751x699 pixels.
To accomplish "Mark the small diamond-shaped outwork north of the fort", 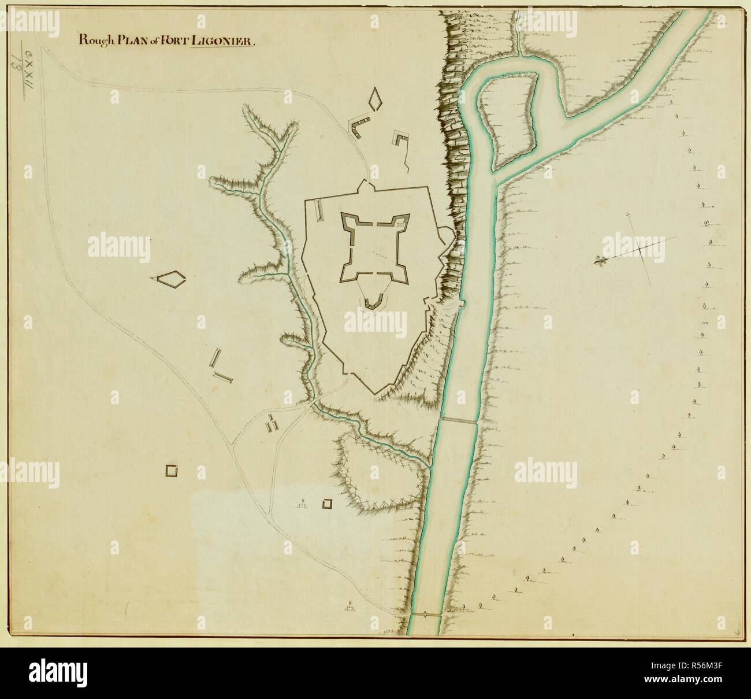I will point(376,98).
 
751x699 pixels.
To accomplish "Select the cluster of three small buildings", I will point(272,423).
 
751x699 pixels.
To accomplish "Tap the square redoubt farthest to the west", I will point(172,471).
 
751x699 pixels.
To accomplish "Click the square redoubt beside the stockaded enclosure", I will point(328,504).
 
